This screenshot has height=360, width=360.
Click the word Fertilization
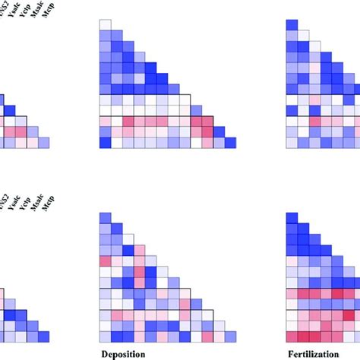click(311, 353)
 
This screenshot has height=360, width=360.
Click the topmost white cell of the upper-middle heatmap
click(106, 25)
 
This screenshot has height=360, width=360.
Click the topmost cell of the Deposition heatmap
click(106, 219)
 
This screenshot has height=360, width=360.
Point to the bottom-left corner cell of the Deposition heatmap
click(106, 336)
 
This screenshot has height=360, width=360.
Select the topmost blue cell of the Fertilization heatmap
click(292, 25)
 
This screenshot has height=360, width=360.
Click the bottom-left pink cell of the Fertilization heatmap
click(292, 336)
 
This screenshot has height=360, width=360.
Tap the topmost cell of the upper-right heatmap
click(292, 25)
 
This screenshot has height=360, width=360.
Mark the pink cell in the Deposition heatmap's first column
click(106, 261)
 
